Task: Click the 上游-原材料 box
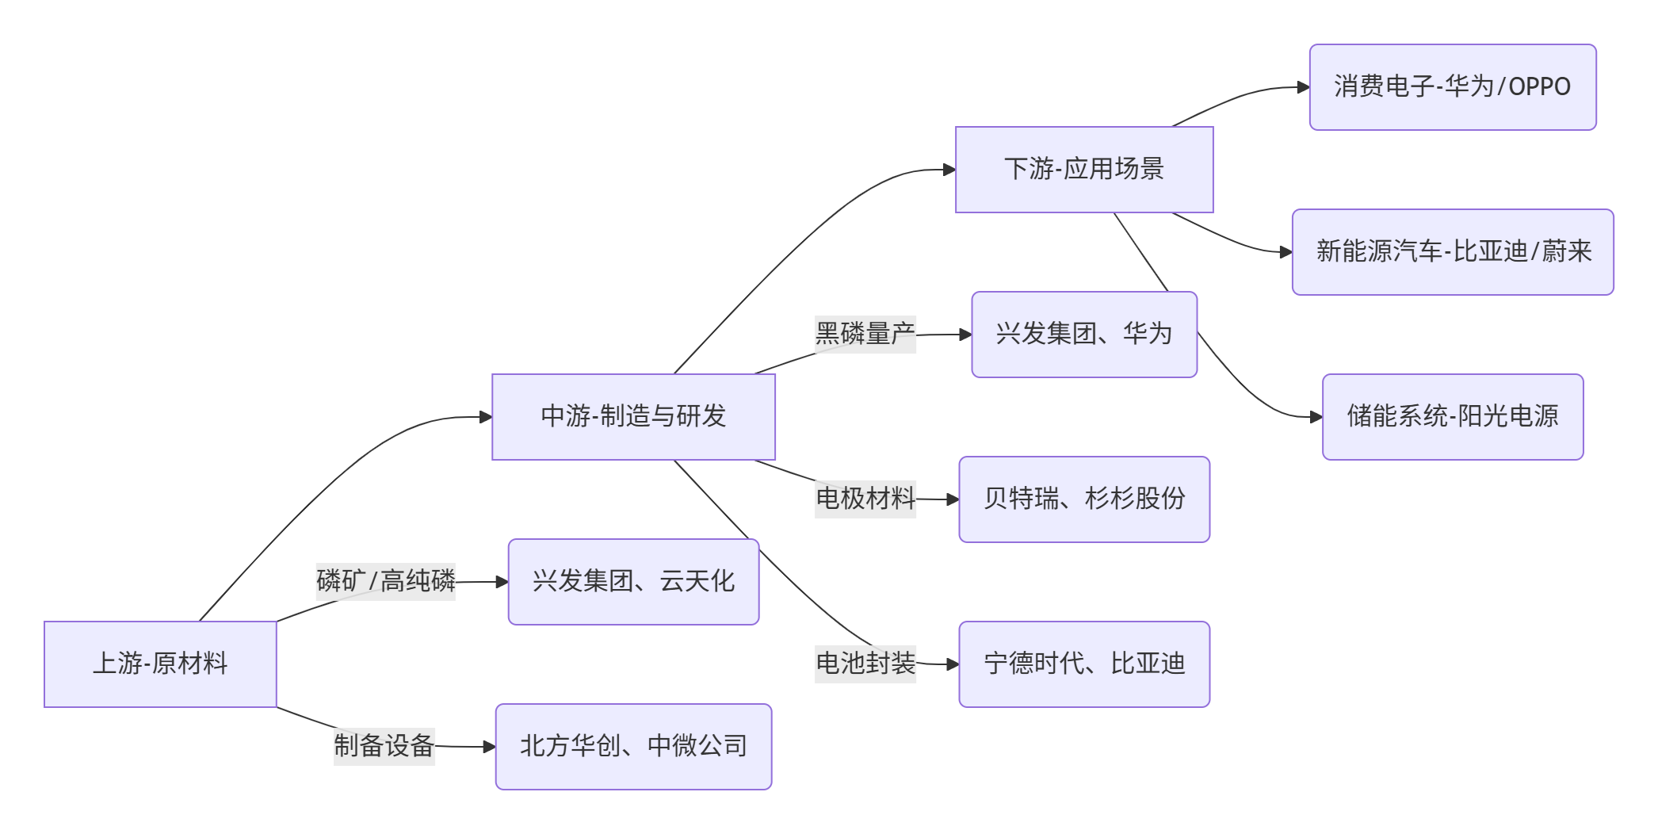tap(160, 664)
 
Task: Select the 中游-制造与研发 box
tap(633, 416)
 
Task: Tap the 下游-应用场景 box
tap(1083, 169)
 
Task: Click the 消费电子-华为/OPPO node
tap(1452, 86)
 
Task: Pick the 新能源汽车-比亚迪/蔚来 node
tap(1452, 251)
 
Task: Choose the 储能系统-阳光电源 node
tap(1452, 416)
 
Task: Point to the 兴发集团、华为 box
tap(1083, 334)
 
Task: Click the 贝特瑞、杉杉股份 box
tap(1083, 499)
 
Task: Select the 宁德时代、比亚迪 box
tap(1083, 664)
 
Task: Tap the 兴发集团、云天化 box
tap(633, 581)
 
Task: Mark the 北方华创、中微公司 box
tap(633, 746)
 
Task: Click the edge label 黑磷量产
tap(865, 334)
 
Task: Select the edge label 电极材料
tap(865, 499)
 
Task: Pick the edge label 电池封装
tap(865, 664)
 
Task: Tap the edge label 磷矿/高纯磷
tap(385, 581)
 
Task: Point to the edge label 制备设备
tap(384, 746)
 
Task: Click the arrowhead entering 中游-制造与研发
tap(486, 417)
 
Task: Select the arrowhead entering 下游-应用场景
tap(949, 170)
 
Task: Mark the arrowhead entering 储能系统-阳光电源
tap(1316, 417)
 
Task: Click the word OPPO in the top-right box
tap(1539, 86)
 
